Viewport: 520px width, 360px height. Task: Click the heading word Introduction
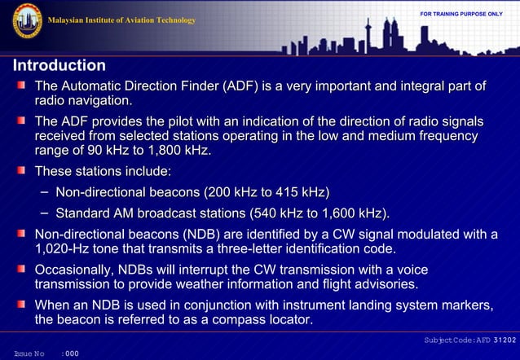[x=59, y=65]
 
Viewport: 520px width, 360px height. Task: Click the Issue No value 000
[x=72, y=353]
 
